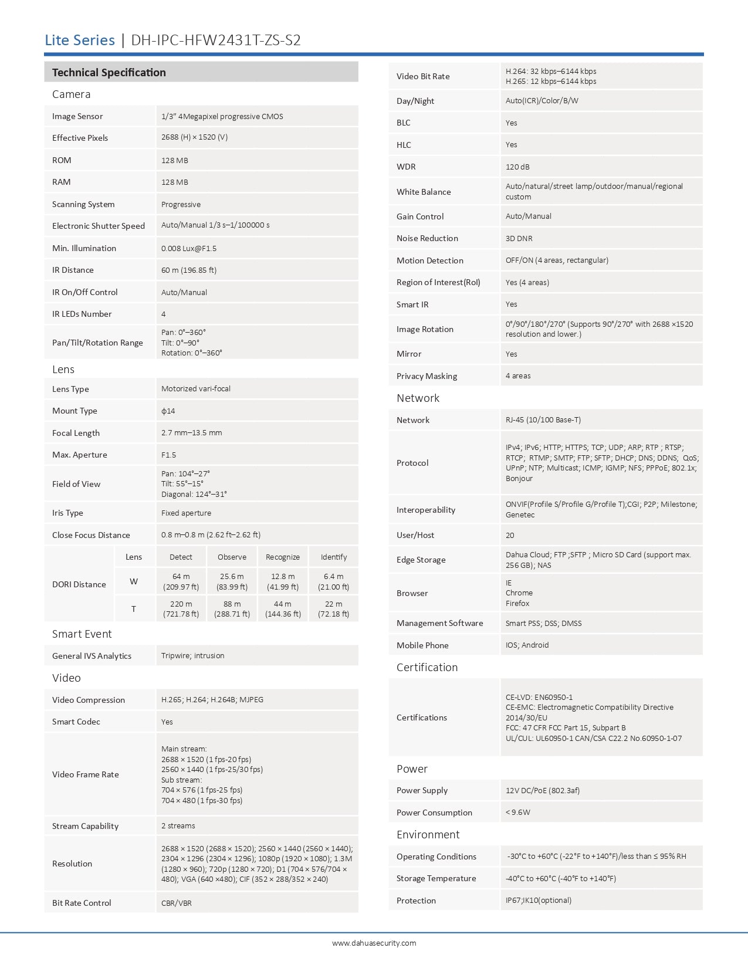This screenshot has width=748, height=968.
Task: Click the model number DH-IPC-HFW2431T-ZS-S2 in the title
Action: pos(215,40)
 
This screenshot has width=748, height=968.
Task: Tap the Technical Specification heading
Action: pos(109,73)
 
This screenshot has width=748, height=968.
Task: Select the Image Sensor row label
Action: pos(77,116)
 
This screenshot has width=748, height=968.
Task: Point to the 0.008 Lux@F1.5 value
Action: pos(189,248)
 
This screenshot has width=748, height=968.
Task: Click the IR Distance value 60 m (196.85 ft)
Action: pos(189,270)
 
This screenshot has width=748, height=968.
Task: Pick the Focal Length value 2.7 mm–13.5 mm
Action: pos(192,433)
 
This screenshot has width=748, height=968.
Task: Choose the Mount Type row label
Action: pos(75,411)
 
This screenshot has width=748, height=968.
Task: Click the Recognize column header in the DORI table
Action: pos(283,557)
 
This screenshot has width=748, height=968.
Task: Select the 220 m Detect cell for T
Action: pos(181,609)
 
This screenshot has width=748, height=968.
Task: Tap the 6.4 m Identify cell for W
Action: pos(333,581)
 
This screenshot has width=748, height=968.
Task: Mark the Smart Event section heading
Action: pos(82,634)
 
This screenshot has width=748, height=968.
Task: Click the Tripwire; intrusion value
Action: pos(192,656)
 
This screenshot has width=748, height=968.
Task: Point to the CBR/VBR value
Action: pos(177,903)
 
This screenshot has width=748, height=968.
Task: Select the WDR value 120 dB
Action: pos(517,167)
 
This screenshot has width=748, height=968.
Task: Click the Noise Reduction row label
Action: pos(427,238)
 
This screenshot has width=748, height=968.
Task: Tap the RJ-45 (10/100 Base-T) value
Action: pos(543,420)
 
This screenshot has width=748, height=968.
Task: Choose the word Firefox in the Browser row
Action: pos(517,603)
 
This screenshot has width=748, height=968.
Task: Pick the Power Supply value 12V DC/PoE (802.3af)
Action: pos(543,790)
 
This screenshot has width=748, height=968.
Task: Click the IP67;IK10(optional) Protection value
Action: pos(539,901)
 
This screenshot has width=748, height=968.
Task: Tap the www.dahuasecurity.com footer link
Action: pos(374,943)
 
